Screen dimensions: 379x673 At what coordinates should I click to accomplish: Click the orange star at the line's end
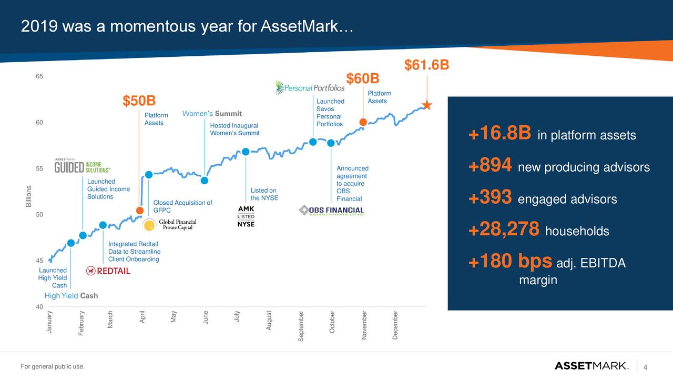point(427,106)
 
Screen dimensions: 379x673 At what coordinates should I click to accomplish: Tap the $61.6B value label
point(426,65)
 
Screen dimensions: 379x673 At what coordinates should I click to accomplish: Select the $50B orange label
point(139,101)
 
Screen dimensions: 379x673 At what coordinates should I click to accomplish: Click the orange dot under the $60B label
point(363,122)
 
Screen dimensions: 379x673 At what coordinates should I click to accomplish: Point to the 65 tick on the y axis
point(39,76)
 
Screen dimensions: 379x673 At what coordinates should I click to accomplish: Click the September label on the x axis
point(301,326)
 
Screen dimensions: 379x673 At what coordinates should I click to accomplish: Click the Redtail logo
point(108,271)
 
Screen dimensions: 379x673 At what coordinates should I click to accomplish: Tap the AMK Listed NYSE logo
point(246,216)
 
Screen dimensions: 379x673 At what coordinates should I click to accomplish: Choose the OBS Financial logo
point(331,211)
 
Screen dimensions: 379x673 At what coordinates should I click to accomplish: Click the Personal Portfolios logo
point(310,88)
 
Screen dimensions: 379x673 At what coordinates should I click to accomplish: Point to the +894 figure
point(490,167)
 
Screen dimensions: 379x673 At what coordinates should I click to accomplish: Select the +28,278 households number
point(504,230)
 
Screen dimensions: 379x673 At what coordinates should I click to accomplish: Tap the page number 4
point(645,366)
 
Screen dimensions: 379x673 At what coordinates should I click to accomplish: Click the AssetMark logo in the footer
point(591,366)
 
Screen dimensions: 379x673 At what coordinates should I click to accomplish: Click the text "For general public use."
point(52,366)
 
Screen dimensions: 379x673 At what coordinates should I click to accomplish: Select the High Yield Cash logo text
point(72,296)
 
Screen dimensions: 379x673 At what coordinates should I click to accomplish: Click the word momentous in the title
point(144,26)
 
